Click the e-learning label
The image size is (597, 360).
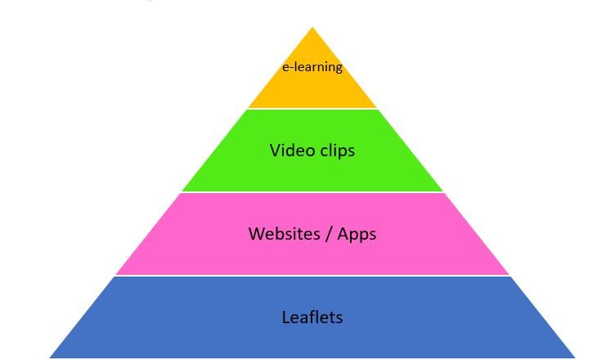(312, 67)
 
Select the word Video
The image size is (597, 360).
(292, 150)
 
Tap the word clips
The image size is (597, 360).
(337, 151)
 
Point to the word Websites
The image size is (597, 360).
(284, 233)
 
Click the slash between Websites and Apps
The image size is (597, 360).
(329, 234)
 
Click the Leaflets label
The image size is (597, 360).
(312, 317)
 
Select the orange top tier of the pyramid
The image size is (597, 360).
(312, 80)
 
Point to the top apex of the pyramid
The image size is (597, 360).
(312, 27)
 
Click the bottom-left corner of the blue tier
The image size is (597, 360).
(50, 358)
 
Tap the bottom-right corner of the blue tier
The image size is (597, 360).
(575, 358)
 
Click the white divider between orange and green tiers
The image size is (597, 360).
(312, 109)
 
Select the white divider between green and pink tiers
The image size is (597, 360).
(312, 192)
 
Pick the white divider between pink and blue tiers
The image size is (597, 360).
(312, 276)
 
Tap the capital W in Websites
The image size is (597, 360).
(257, 234)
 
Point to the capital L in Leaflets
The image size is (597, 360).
(285, 317)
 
